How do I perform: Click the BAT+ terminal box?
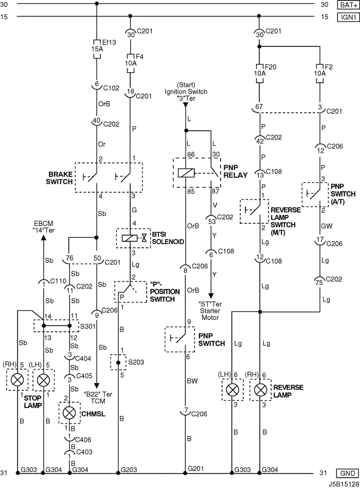tap(348, 4)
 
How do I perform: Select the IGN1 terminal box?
tap(348, 16)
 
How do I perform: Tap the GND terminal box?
tap(348, 473)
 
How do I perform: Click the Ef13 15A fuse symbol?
tap(97, 49)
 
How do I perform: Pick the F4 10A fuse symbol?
tap(131, 63)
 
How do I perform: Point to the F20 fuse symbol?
tap(259, 74)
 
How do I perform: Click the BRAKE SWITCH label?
tap(60, 178)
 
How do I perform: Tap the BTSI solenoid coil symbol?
tap(128, 239)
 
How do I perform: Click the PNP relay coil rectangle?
tap(186, 173)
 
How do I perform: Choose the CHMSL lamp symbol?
tap(69, 413)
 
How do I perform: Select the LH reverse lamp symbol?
tap(232, 390)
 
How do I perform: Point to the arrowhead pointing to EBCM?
tap(43, 237)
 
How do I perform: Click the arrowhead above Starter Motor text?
tap(211, 295)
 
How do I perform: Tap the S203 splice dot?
tap(118, 363)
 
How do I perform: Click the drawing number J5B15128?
tap(343, 484)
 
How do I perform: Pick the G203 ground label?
tap(129, 469)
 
